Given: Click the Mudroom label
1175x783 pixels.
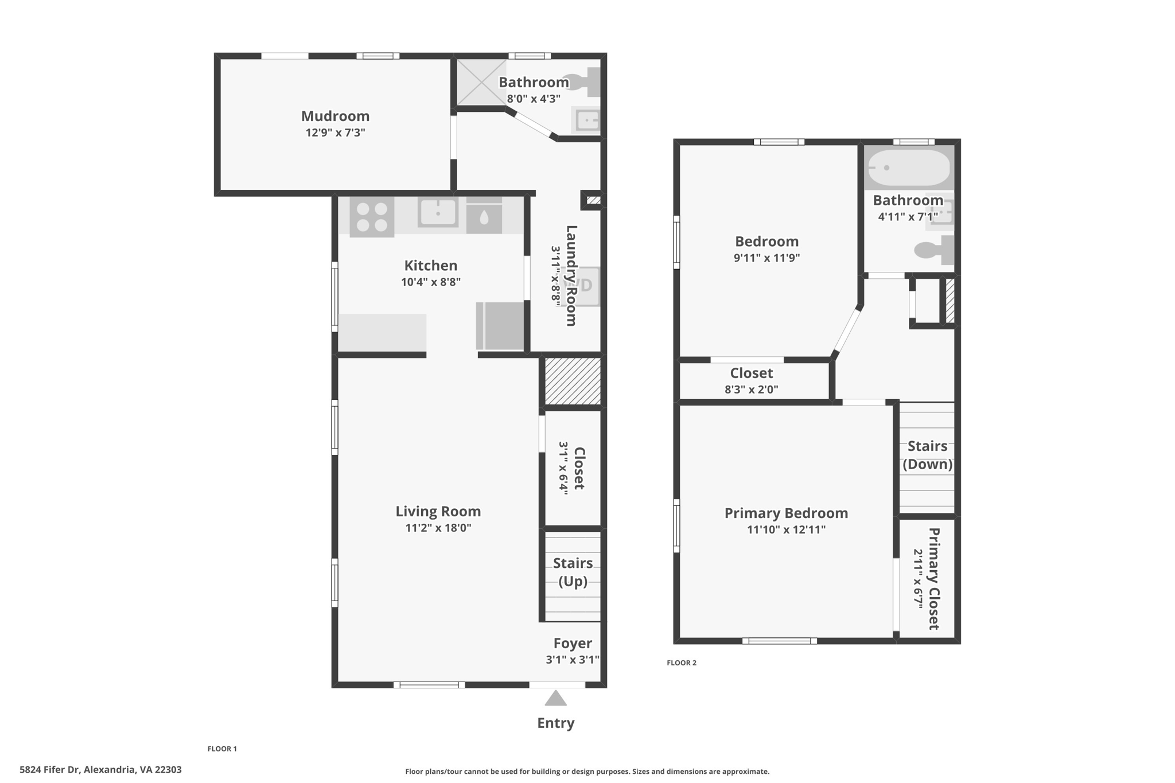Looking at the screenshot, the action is [x=335, y=116].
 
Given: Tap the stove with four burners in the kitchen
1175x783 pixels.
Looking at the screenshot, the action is [x=372, y=217].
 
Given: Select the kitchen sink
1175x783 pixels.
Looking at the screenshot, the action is [x=438, y=212].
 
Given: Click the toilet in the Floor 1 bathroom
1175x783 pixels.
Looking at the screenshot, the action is [x=582, y=82].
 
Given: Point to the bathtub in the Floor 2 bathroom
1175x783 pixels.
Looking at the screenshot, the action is [x=909, y=168].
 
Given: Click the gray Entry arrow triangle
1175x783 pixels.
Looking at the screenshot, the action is [x=555, y=698].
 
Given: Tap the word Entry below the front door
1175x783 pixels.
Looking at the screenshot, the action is [x=555, y=723].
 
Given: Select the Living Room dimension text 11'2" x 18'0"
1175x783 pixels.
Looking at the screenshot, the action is [x=438, y=528].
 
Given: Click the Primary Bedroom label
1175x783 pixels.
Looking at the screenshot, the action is [x=786, y=513].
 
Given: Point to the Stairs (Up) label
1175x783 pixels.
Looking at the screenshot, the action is [x=573, y=572].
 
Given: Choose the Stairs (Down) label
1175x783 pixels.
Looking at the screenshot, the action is [x=927, y=455].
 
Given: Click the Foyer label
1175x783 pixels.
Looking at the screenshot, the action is [x=573, y=643].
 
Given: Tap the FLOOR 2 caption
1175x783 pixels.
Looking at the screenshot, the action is [x=682, y=663].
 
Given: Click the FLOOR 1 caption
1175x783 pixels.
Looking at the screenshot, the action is [x=222, y=749].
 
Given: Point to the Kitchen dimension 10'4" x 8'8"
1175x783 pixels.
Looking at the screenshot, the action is [x=431, y=282].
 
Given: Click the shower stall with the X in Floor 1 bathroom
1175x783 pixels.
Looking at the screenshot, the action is [x=481, y=82].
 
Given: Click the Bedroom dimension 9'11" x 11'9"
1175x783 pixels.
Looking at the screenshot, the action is [x=767, y=258].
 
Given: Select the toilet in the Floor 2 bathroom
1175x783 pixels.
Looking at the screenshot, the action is [x=934, y=250].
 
